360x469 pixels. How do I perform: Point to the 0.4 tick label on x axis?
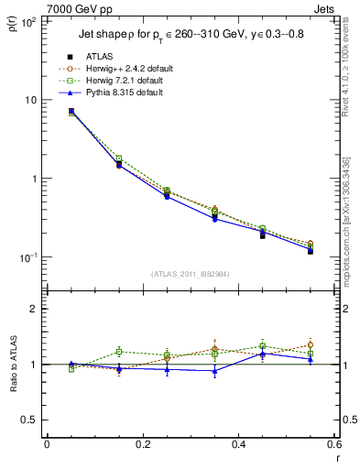[238, 445]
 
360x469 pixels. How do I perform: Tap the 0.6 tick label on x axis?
[333, 445]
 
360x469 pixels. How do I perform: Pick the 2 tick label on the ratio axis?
[33, 309]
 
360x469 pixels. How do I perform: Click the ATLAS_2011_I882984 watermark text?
[190, 273]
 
